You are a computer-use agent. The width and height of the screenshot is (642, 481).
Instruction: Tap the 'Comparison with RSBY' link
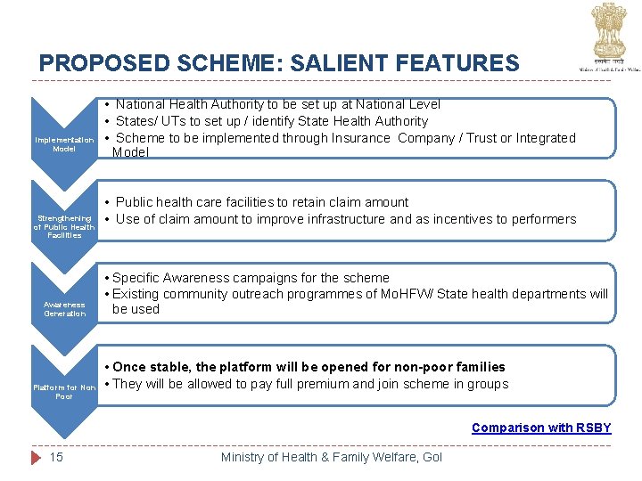click(541, 428)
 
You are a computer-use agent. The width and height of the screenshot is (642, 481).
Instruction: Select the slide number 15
click(56, 457)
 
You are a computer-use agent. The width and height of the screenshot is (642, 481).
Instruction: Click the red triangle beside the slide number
click(36, 457)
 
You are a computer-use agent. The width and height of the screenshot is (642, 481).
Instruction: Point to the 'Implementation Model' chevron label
click(64, 144)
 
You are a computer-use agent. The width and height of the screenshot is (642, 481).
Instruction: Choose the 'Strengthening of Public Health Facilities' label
click(64, 226)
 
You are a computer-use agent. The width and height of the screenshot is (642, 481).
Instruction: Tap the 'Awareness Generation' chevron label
click(64, 309)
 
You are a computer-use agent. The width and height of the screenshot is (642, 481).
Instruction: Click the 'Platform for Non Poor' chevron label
click(64, 392)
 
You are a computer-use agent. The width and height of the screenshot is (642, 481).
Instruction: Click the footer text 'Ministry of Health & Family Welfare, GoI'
click(331, 457)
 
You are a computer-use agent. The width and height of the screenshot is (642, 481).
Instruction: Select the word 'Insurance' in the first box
click(363, 138)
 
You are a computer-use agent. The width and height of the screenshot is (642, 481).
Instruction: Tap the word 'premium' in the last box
click(325, 384)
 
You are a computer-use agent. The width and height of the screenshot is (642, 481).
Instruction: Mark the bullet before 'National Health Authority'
click(106, 104)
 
